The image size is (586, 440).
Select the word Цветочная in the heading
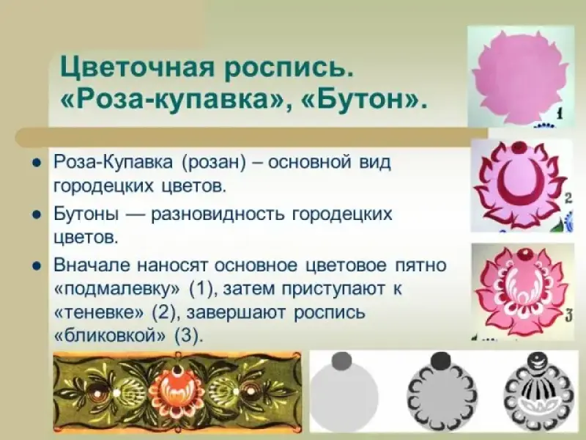click(138, 67)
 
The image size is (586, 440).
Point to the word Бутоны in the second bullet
click(86, 214)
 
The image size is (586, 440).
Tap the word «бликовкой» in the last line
click(110, 336)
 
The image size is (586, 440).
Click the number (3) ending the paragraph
click(189, 336)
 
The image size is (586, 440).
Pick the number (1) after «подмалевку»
click(203, 289)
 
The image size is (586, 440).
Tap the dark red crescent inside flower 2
click(519, 182)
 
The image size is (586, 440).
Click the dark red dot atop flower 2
click(519, 147)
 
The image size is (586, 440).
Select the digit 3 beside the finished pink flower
click(568, 317)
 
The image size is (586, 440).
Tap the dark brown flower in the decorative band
click(98, 394)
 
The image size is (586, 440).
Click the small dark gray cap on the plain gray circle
click(341, 361)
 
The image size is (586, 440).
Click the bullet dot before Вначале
click(37, 266)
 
